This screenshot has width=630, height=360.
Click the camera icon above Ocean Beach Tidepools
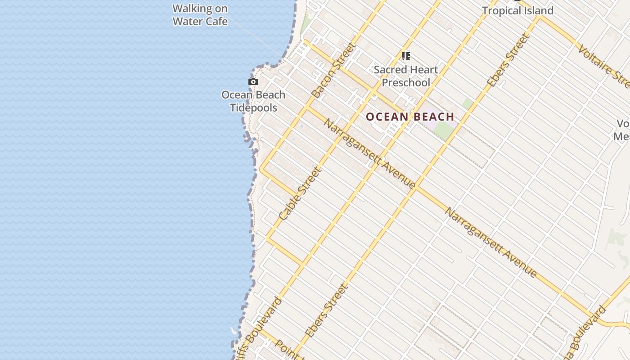click(253, 82)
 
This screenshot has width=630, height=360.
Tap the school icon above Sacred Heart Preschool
click(406, 56)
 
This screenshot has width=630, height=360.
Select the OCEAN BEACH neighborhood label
click(410, 117)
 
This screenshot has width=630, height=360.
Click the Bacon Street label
click(334, 70)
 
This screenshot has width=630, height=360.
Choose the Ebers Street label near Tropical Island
click(507, 61)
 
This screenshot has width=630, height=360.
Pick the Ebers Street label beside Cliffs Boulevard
click(327, 310)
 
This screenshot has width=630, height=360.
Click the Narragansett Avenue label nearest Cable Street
click(369, 153)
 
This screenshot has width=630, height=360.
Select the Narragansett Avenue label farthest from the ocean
click(491, 242)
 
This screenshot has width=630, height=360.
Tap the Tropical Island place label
click(517, 10)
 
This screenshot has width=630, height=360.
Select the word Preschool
click(406, 82)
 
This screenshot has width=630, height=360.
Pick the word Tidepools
click(253, 108)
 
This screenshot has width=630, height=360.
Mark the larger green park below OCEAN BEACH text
click(443, 130)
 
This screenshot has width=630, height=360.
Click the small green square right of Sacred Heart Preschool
click(468, 104)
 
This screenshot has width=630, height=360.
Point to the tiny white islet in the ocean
click(233, 331)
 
